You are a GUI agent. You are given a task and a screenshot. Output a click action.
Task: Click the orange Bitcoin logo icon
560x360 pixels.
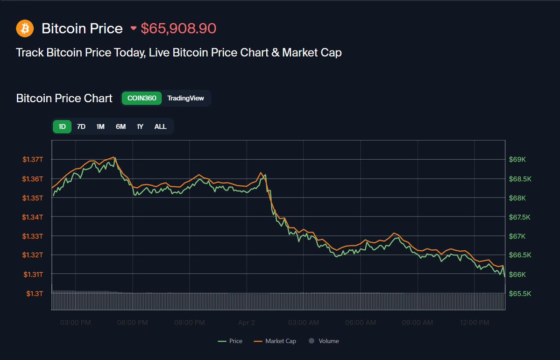click(x=25, y=28)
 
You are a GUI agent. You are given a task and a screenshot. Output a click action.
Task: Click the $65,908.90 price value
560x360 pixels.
click(x=178, y=28)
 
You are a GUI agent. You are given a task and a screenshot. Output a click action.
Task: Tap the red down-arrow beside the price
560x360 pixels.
click(x=134, y=28)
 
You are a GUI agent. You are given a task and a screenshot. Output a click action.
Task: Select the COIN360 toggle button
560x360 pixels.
click(x=142, y=98)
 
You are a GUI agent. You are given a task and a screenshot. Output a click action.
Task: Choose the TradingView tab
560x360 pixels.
click(x=185, y=98)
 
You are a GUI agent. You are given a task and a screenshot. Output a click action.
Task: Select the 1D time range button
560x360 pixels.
click(x=62, y=127)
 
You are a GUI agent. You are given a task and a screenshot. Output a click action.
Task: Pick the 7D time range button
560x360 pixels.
click(x=81, y=127)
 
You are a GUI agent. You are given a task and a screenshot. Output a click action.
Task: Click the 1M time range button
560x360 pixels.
click(x=100, y=127)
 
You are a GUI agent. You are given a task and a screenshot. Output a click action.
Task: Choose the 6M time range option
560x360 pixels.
click(x=121, y=127)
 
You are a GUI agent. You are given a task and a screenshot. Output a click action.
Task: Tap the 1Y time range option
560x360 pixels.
click(x=140, y=127)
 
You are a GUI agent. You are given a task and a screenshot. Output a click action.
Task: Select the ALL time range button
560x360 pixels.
click(x=160, y=127)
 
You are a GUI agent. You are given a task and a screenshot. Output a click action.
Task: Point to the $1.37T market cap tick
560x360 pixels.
click(x=32, y=160)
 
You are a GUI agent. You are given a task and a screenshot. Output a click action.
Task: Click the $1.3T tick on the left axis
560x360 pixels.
click(x=35, y=294)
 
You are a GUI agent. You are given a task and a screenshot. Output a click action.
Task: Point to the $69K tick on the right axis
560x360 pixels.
click(x=517, y=160)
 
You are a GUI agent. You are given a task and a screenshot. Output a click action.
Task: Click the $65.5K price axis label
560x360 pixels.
click(x=519, y=294)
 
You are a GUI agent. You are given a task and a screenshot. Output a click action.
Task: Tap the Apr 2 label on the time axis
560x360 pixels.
click(x=246, y=323)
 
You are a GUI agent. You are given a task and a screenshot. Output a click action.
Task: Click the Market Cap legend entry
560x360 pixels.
click(x=275, y=341)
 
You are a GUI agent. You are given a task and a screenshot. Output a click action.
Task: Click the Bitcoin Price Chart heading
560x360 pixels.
click(x=64, y=99)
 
